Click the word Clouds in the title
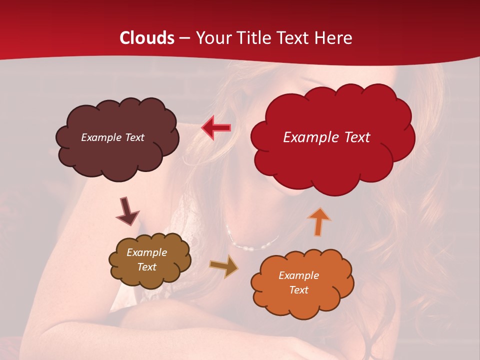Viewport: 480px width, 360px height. [147, 38]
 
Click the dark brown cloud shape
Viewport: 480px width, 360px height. [117, 157]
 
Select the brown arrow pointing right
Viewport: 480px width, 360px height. [224, 266]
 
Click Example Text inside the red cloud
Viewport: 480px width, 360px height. [326, 137]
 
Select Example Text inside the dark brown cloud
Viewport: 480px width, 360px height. [112, 137]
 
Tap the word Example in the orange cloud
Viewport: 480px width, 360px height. [298, 275]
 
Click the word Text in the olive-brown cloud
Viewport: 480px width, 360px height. [146, 267]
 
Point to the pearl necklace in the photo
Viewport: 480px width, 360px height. [252, 245]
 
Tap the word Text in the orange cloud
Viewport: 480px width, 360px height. [298, 290]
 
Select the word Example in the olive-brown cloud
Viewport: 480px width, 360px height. [146, 252]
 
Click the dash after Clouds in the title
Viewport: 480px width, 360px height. [184, 38]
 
